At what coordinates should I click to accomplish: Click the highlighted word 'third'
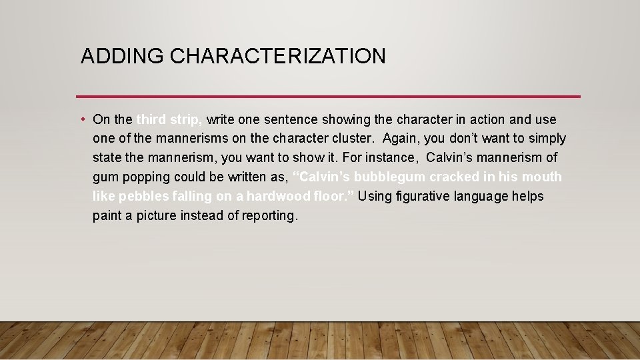[x=151, y=119]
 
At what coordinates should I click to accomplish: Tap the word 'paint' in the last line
[x=107, y=216]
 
